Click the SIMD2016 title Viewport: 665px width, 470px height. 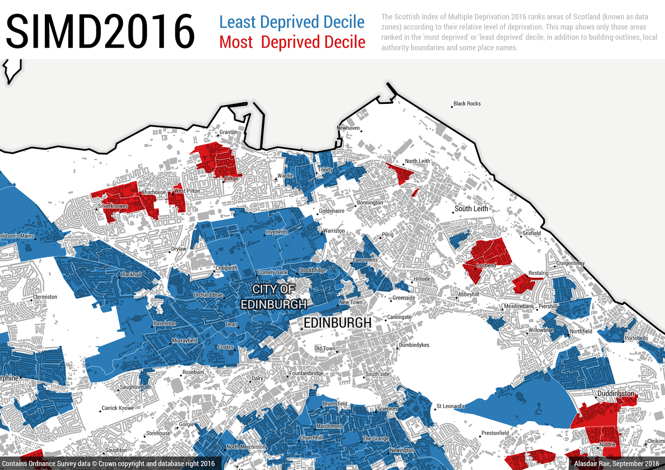(100, 32)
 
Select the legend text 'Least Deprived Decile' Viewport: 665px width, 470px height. (292, 22)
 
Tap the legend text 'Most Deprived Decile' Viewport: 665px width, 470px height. (292, 42)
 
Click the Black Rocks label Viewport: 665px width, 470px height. (467, 103)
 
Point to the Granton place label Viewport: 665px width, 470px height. (229, 132)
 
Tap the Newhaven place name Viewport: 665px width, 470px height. (348, 128)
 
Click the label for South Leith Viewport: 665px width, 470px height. (471, 209)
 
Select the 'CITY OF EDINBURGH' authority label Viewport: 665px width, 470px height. (274, 297)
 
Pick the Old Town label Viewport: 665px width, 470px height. (325, 348)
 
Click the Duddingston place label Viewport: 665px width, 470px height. (616, 393)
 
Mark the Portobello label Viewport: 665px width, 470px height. (636, 338)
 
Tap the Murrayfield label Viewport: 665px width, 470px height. (185, 340)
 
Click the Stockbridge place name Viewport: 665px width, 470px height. (313, 270)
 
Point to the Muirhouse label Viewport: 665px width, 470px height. (154, 192)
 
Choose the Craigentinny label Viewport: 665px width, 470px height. (570, 263)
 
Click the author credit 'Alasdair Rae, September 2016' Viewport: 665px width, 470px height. (616, 463)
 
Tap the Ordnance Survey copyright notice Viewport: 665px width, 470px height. (108, 463)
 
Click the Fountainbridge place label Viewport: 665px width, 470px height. (306, 373)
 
